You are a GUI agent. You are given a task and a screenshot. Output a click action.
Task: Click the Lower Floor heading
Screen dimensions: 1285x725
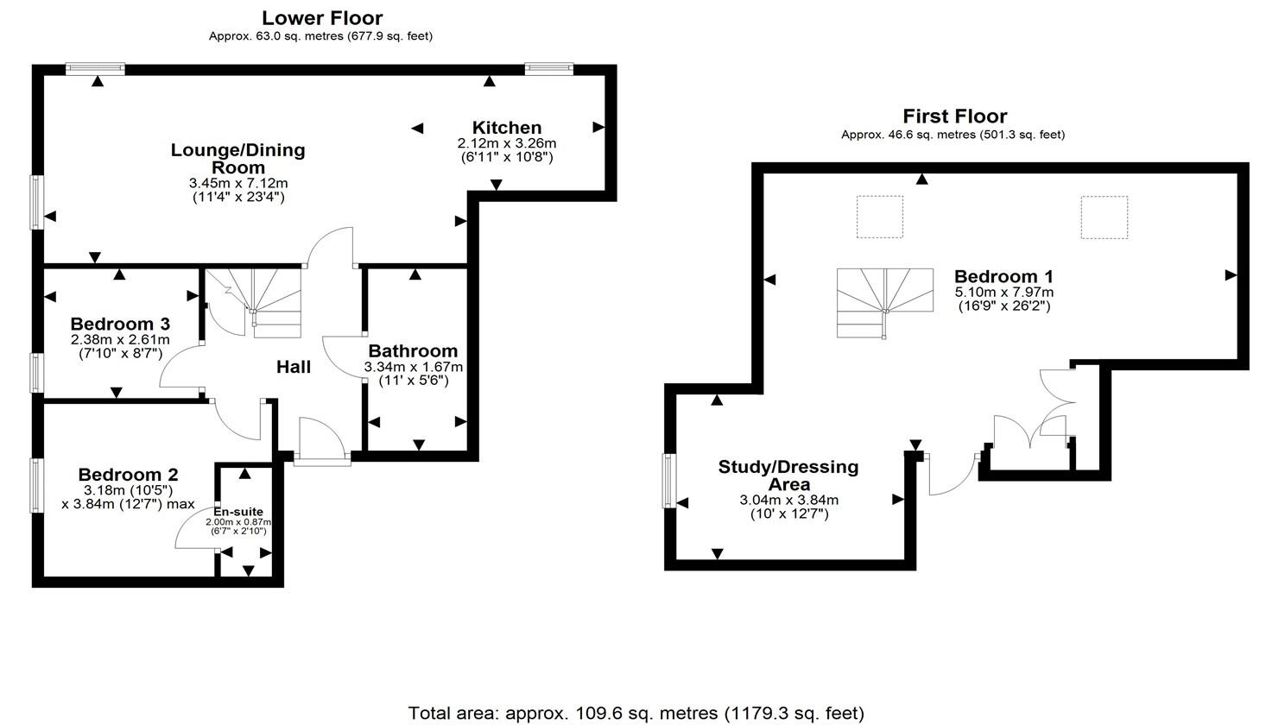click(x=322, y=18)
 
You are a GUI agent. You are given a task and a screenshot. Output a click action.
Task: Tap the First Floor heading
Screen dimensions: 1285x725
click(x=954, y=117)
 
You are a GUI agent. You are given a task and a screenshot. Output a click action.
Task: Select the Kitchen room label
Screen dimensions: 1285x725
click(x=507, y=127)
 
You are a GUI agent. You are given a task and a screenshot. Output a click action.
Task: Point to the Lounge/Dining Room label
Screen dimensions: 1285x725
click(x=238, y=159)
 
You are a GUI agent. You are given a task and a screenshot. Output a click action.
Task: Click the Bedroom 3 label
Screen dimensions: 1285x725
click(x=120, y=324)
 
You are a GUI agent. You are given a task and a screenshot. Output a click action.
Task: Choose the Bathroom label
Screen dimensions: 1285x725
click(x=413, y=350)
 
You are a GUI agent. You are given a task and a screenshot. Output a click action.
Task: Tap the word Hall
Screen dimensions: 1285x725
click(x=294, y=367)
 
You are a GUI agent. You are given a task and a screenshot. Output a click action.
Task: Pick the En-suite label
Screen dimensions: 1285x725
click(x=238, y=511)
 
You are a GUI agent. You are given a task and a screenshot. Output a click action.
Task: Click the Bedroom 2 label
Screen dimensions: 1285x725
click(x=128, y=475)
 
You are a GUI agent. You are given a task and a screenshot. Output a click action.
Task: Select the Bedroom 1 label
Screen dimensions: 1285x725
click(x=1003, y=276)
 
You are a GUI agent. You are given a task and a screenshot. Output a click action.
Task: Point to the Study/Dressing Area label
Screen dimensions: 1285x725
click(x=788, y=475)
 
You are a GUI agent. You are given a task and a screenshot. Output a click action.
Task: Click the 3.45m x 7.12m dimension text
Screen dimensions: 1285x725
click(x=238, y=183)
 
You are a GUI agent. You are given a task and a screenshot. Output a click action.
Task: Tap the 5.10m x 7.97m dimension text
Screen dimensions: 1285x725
click(x=1003, y=293)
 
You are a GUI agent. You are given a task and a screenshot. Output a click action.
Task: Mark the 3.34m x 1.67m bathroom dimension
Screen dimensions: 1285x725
click(x=413, y=367)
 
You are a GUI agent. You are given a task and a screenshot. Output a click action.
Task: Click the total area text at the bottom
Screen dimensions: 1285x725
click(x=636, y=713)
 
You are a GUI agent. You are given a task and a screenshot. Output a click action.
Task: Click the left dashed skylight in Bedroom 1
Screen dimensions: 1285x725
click(x=879, y=217)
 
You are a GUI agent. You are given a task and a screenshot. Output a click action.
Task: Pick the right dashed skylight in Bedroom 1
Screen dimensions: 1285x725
click(x=1105, y=217)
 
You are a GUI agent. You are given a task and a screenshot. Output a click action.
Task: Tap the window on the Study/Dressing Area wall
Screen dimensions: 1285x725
click(x=669, y=481)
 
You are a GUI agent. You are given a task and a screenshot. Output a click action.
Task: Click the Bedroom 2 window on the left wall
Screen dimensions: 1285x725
click(x=37, y=485)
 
